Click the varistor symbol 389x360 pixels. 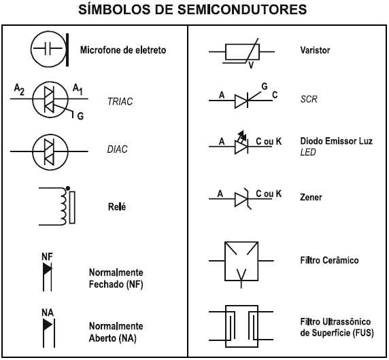(x=241, y=52)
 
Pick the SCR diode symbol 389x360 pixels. (x=243, y=101)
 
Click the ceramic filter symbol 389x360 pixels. (x=241, y=261)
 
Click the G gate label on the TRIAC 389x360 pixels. (x=80, y=116)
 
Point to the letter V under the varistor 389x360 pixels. (x=251, y=65)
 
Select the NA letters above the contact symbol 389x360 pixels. (x=47, y=312)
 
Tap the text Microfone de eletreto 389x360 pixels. (x=122, y=50)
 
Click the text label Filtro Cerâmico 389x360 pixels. (x=329, y=260)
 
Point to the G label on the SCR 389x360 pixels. (x=265, y=86)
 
